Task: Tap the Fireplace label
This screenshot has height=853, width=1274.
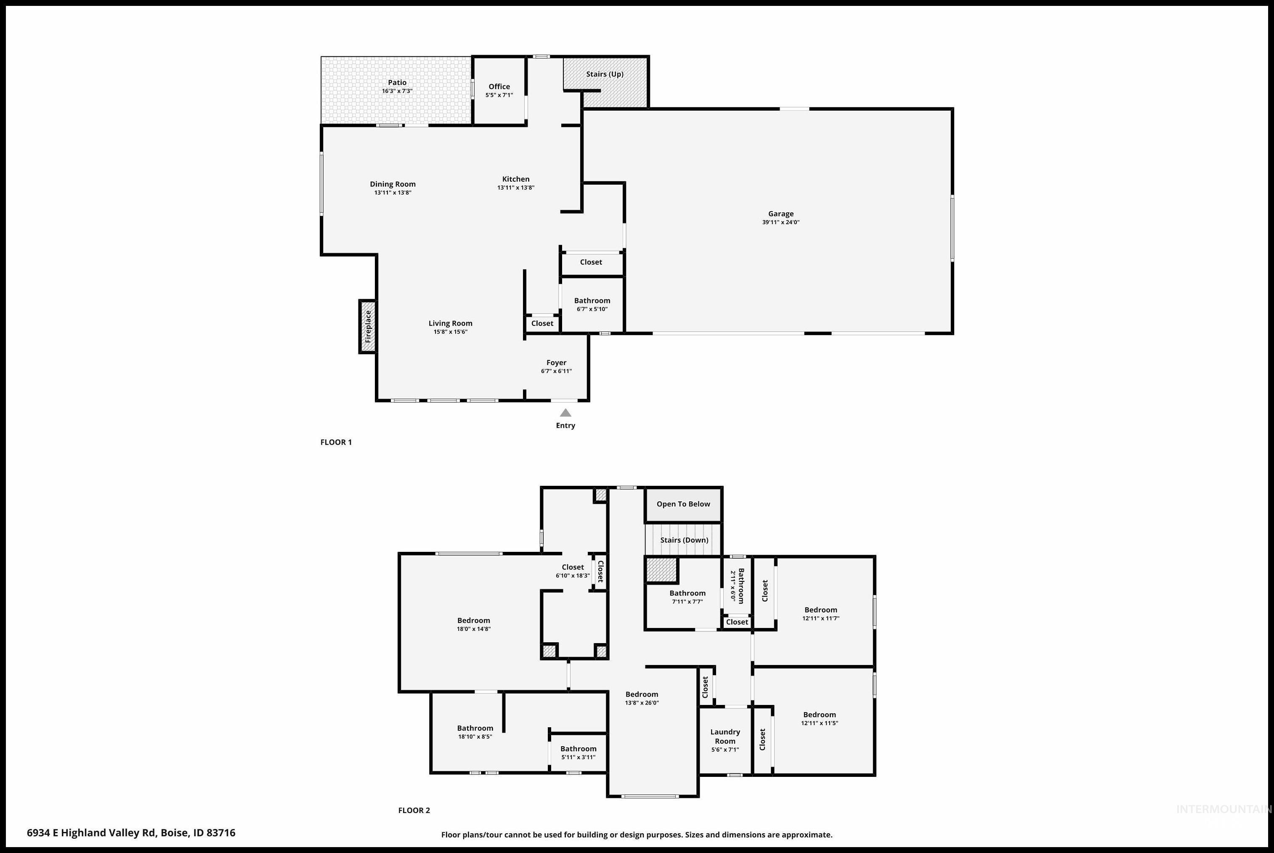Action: click(x=368, y=326)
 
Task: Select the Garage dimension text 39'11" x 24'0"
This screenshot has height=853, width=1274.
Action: click(x=780, y=222)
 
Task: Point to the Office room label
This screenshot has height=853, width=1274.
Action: click(x=499, y=87)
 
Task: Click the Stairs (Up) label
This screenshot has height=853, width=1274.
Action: click(x=605, y=74)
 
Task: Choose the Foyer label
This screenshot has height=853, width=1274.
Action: click(x=556, y=362)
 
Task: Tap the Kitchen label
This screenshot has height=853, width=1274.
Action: click(x=515, y=179)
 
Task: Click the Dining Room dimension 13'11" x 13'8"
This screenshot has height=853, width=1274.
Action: click(x=393, y=193)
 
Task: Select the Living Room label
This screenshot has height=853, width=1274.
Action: click(x=450, y=323)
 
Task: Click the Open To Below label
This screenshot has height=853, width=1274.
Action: click(x=683, y=504)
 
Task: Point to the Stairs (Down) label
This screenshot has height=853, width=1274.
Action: click(x=684, y=540)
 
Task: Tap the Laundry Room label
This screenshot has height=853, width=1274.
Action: click(x=725, y=736)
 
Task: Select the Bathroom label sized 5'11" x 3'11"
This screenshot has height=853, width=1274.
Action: click(x=578, y=749)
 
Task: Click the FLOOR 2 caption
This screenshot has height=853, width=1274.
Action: click(x=414, y=810)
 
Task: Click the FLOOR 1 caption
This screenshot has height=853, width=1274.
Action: click(x=336, y=442)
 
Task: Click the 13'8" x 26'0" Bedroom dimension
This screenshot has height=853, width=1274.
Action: click(x=642, y=702)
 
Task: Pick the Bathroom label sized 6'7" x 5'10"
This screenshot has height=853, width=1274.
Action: click(x=592, y=300)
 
